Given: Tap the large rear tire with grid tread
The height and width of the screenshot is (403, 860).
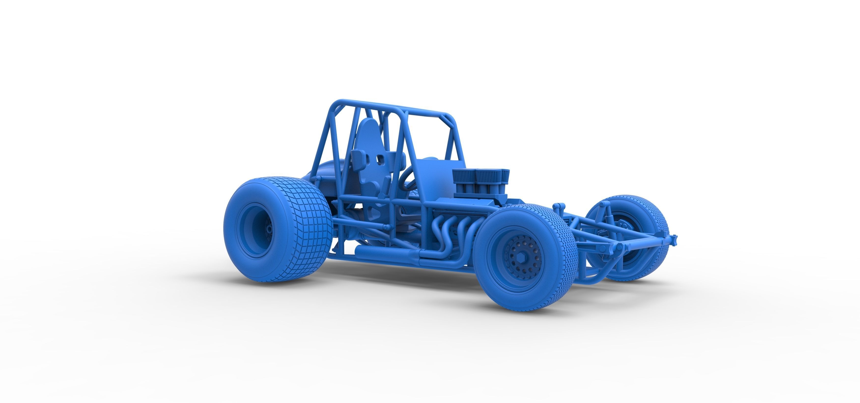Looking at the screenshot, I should point(300,230).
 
